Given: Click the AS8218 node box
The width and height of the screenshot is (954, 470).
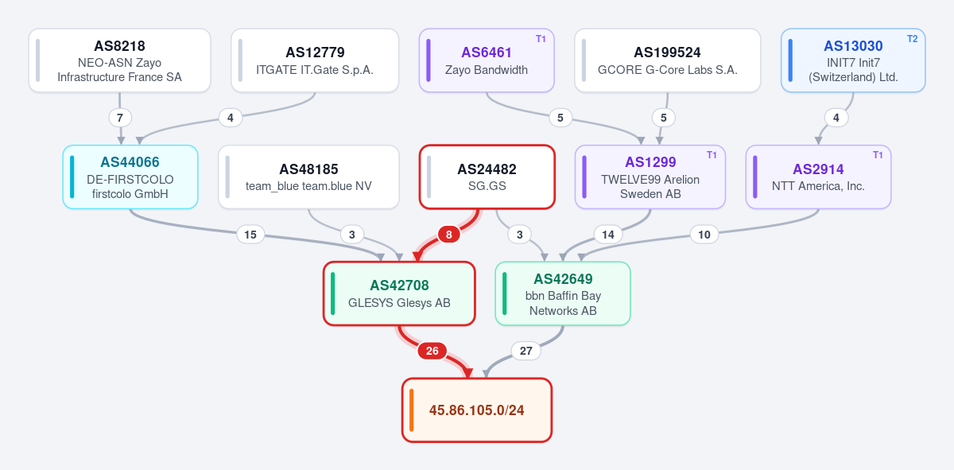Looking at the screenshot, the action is pos(120,60).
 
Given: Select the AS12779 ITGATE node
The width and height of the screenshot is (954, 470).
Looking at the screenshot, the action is pos(315,60).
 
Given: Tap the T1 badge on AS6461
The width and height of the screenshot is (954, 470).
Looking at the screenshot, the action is pos(541,39).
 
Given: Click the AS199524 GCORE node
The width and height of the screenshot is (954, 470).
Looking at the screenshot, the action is pos(667,60).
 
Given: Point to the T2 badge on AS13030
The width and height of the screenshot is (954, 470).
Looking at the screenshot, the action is pos(913,39).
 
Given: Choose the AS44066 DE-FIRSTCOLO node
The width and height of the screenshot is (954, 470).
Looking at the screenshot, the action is pos(130,177).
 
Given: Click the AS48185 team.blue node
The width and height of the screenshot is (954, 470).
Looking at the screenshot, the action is pos(308,177).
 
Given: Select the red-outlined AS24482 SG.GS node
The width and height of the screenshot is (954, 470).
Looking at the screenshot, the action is pos(487,177).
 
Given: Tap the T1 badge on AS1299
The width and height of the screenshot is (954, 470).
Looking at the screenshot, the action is pos(712,155).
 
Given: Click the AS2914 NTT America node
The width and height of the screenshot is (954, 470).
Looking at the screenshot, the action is pos(818,177).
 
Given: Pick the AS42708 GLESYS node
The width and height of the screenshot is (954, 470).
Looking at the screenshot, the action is pos(399,293).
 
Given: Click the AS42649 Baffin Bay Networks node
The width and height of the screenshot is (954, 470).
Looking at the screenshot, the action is pos(563,293).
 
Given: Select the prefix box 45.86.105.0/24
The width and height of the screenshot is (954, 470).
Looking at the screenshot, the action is pos(477,410).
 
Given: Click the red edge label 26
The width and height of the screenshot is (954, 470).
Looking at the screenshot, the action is pos(432,351).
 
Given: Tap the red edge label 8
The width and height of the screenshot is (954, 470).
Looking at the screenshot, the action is pos(448,235).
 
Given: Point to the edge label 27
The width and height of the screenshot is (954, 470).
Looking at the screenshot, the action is pos(526,351).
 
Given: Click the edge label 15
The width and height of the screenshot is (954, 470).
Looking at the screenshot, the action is pos(250,235).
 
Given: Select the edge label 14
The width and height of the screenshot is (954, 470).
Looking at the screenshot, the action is pos(607,235).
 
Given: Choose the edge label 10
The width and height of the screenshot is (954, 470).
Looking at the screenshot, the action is pos(704,235).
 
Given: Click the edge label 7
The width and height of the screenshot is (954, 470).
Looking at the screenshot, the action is pos(120,118).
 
